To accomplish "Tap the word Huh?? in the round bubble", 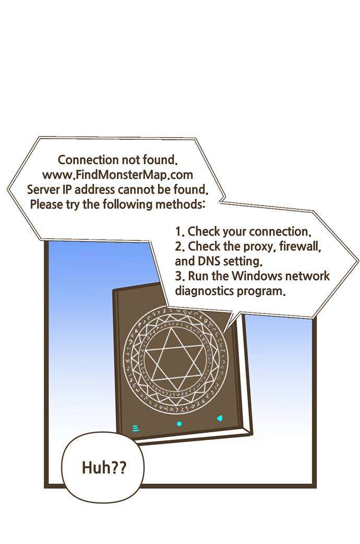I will (104, 467).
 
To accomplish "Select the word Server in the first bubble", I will (43, 188).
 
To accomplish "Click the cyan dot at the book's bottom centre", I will (179, 424).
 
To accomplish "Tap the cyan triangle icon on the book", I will (220, 418).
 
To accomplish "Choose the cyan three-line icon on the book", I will (136, 428).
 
